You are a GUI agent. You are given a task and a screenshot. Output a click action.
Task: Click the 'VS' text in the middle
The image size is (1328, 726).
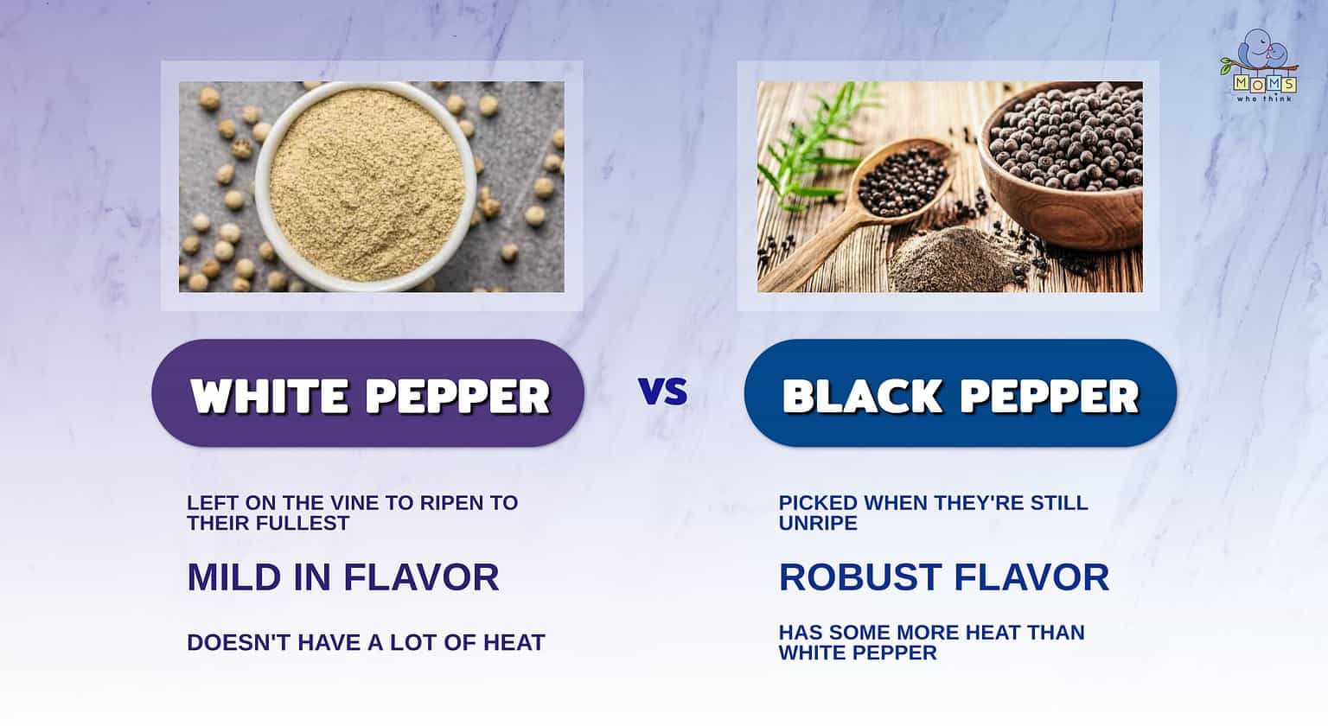click(x=663, y=392)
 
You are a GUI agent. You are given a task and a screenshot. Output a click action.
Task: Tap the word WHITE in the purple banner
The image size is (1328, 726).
click(x=270, y=396)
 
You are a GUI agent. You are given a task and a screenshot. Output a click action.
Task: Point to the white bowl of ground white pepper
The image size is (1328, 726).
click(x=365, y=186)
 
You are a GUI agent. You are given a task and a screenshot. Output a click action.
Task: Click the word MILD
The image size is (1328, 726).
click(x=232, y=577)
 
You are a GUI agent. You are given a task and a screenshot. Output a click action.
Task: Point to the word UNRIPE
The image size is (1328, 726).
click(x=818, y=523)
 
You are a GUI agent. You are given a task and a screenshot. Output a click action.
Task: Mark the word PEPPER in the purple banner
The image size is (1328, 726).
click(x=458, y=396)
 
